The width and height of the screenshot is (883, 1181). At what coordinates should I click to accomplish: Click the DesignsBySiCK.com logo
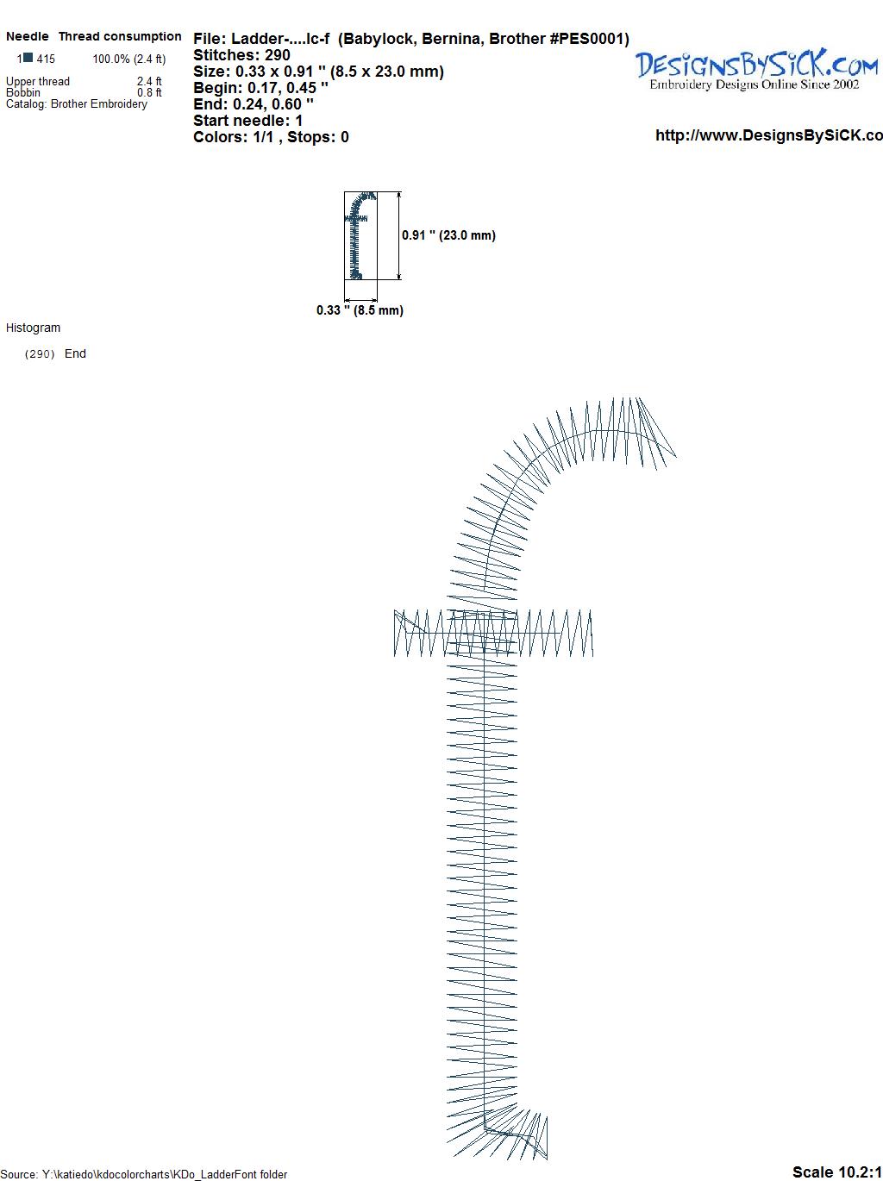coord(756,69)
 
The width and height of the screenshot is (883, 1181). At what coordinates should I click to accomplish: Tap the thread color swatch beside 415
coord(28,58)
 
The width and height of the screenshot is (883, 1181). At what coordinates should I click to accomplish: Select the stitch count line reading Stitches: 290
coord(241,55)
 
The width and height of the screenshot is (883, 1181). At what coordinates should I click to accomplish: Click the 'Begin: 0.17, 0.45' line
coord(260,88)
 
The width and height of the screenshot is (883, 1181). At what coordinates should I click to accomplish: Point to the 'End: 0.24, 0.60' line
coord(254,103)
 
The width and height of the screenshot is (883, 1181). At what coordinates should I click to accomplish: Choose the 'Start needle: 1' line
coord(247,121)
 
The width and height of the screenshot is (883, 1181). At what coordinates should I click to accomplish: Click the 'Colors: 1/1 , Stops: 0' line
coord(271,137)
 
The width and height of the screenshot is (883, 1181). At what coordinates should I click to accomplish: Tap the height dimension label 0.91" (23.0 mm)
coord(448,235)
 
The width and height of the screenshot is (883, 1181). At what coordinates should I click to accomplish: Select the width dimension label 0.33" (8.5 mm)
coord(360,310)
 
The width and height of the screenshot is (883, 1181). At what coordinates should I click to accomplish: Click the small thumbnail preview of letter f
coord(355,235)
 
